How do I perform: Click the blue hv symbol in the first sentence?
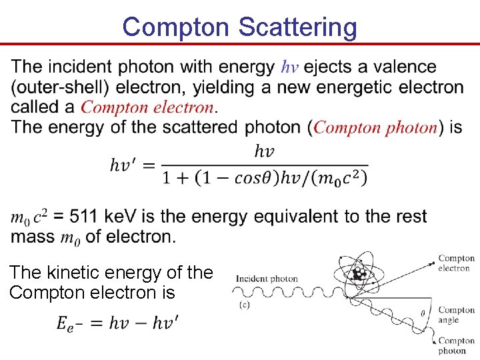pyautogui.click(x=290, y=67)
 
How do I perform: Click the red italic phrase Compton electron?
pyautogui.click(x=147, y=107)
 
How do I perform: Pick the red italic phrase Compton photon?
pyautogui.click(x=375, y=127)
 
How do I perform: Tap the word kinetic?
pyautogui.click(x=77, y=273)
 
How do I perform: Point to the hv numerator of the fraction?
pyautogui.click(x=264, y=151)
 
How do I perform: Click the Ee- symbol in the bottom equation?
pyautogui.click(x=70, y=324)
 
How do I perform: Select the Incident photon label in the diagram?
pyautogui.click(x=267, y=279)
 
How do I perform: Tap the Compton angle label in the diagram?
pyautogui.click(x=456, y=315)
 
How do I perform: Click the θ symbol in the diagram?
pyautogui.click(x=423, y=311)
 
